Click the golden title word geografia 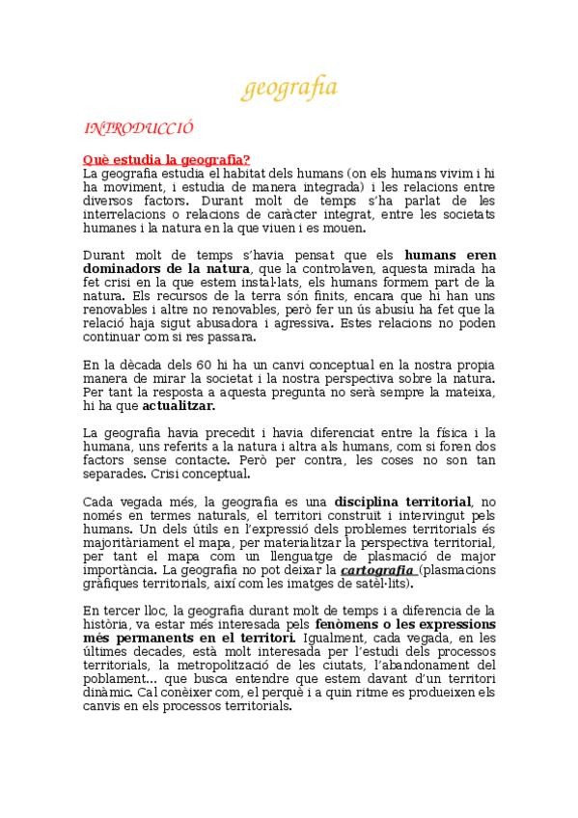click(289, 90)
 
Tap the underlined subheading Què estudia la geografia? click(167, 159)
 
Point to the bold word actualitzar click(148, 408)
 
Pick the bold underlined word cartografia click(374, 569)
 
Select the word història click(104, 625)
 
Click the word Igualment click(334, 639)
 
